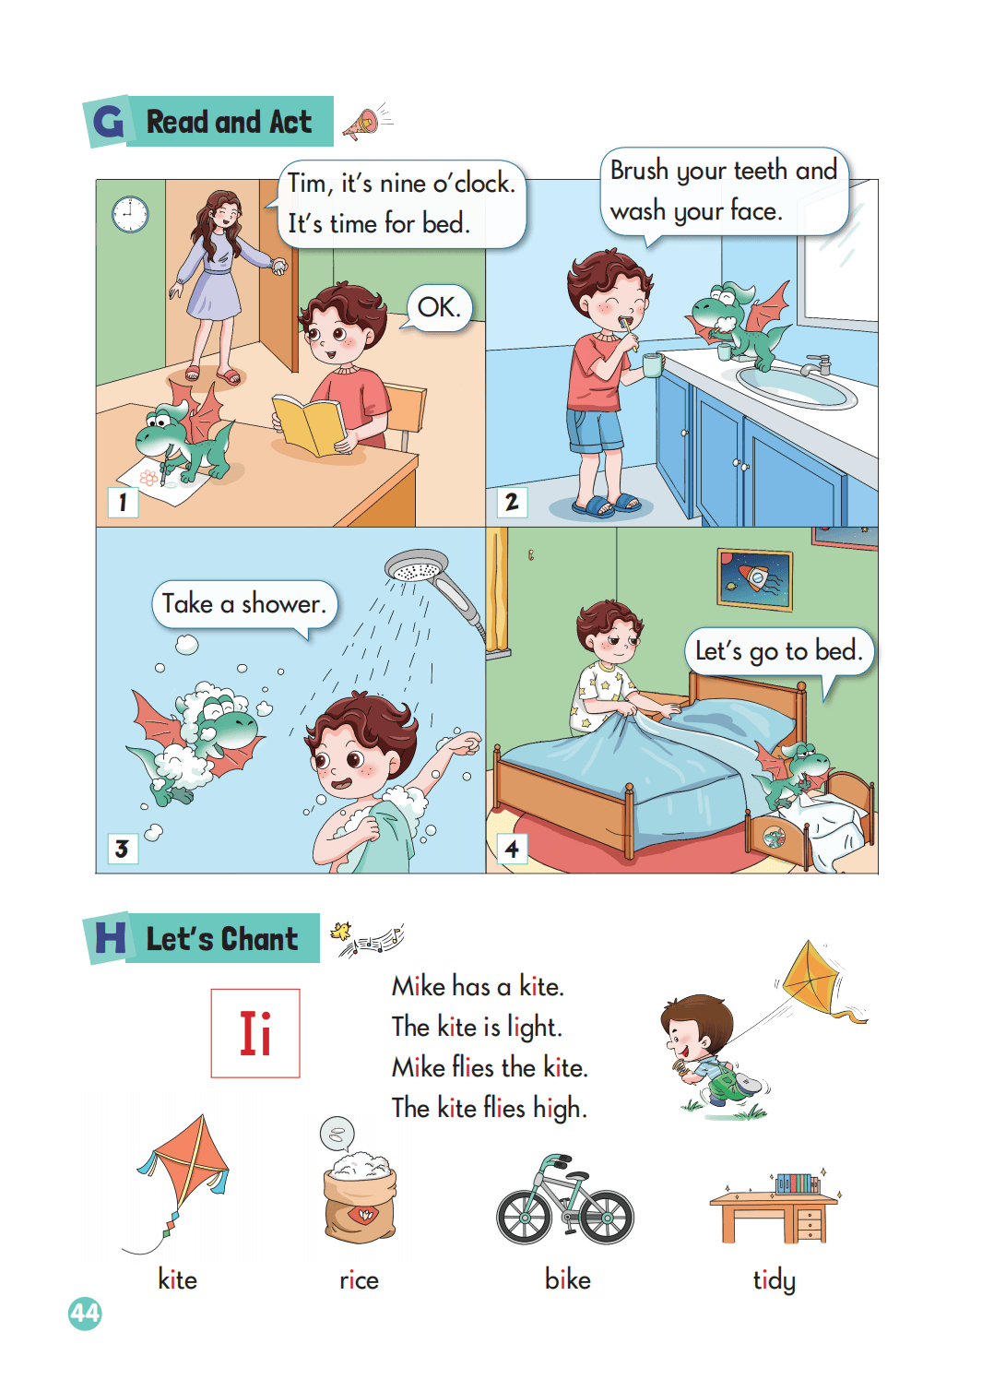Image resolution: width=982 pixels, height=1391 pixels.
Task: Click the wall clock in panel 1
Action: (x=130, y=215)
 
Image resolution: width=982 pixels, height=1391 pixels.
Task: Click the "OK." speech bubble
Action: (x=439, y=307)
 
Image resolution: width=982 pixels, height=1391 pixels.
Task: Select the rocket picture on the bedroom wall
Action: (x=755, y=579)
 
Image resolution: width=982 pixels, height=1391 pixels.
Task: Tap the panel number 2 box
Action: (x=512, y=502)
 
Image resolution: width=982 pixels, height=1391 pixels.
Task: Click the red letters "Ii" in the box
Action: (x=255, y=1033)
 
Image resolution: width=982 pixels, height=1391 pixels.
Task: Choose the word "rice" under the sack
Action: (x=359, y=1279)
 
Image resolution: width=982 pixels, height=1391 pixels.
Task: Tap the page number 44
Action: (x=85, y=1314)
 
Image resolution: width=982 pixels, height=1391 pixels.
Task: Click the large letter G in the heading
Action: (x=108, y=121)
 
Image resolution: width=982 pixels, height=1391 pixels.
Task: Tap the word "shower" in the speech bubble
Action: (x=282, y=604)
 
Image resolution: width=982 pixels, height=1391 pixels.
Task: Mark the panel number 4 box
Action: (x=512, y=849)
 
